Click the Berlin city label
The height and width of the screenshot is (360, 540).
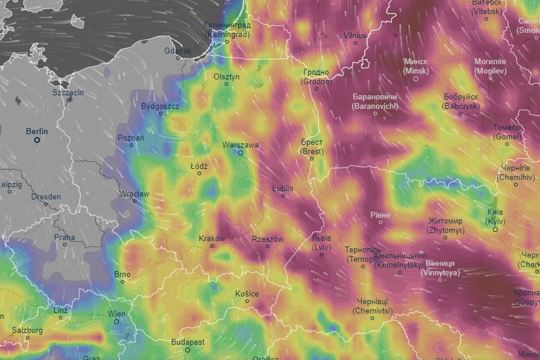tap(37, 131)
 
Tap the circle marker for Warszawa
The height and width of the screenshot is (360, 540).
tap(240, 153)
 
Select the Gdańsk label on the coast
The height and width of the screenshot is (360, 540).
tap(178, 51)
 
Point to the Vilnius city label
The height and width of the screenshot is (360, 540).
tap(355, 35)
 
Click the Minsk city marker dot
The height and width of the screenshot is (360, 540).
tap(416, 79)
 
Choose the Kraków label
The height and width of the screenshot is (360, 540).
tap(212, 238)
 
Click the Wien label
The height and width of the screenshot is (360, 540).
tap(116, 314)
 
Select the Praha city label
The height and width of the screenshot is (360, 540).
tap(65, 237)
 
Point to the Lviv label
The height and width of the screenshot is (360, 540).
tap(321, 242)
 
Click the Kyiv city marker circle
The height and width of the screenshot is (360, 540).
tap(495, 229)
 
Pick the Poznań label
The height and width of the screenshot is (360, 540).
tap(131, 137)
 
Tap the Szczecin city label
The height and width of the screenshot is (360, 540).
tap(68, 92)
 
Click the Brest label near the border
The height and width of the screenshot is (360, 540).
tap(312, 146)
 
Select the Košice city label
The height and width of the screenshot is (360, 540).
tap(246, 293)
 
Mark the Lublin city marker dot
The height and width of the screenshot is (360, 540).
tap(283, 196)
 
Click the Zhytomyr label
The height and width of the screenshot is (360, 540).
tap(445, 225)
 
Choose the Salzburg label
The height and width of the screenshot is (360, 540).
tap(25, 330)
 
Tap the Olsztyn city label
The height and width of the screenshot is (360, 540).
tap(226, 76)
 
